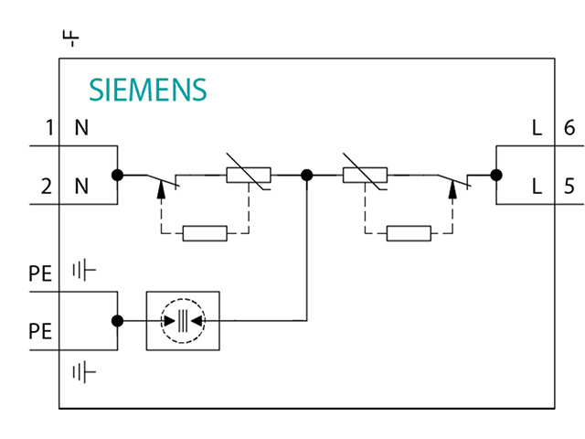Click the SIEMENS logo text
pos(147,90)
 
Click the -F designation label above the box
pos(70,38)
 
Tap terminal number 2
pos(46,187)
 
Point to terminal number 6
pos(569,128)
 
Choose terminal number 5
pos(569,187)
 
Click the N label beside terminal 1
pos(81,128)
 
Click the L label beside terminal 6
pos(537,128)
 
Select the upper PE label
pos(40,272)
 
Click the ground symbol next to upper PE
pos(84,271)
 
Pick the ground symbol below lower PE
pos(84,371)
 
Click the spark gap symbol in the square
pos(183,320)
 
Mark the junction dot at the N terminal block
pos(117,174)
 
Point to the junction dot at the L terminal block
pos(496,174)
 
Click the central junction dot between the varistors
pos(307,174)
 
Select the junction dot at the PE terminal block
pos(117,320)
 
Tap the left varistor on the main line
pos(248,175)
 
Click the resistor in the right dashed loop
pos(409,233)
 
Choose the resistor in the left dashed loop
pos(205,233)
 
